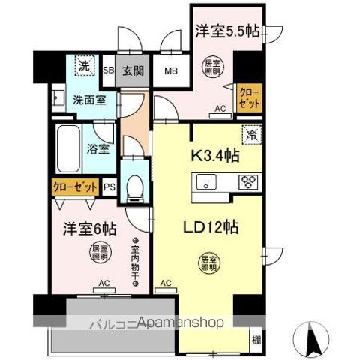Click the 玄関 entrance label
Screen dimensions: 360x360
(133, 71)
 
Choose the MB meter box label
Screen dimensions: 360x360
(171, 72)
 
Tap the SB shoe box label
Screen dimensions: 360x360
(107, 71)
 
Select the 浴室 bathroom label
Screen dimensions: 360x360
(97, 148)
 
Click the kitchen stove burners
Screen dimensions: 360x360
(248, 182)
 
